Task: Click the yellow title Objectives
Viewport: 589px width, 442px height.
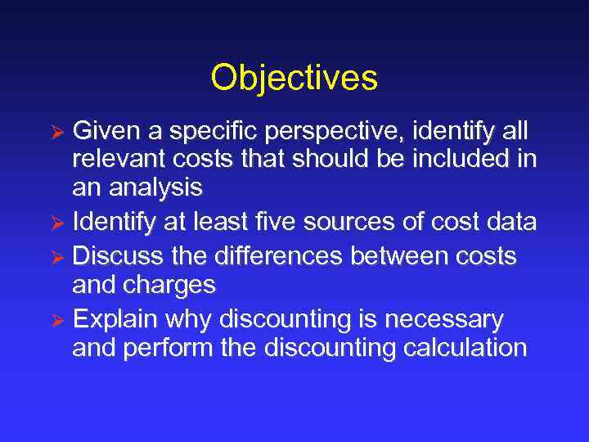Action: pos(294,79)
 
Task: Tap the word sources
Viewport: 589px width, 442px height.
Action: pos(366,222)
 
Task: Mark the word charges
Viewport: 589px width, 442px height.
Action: pos(169,285)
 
